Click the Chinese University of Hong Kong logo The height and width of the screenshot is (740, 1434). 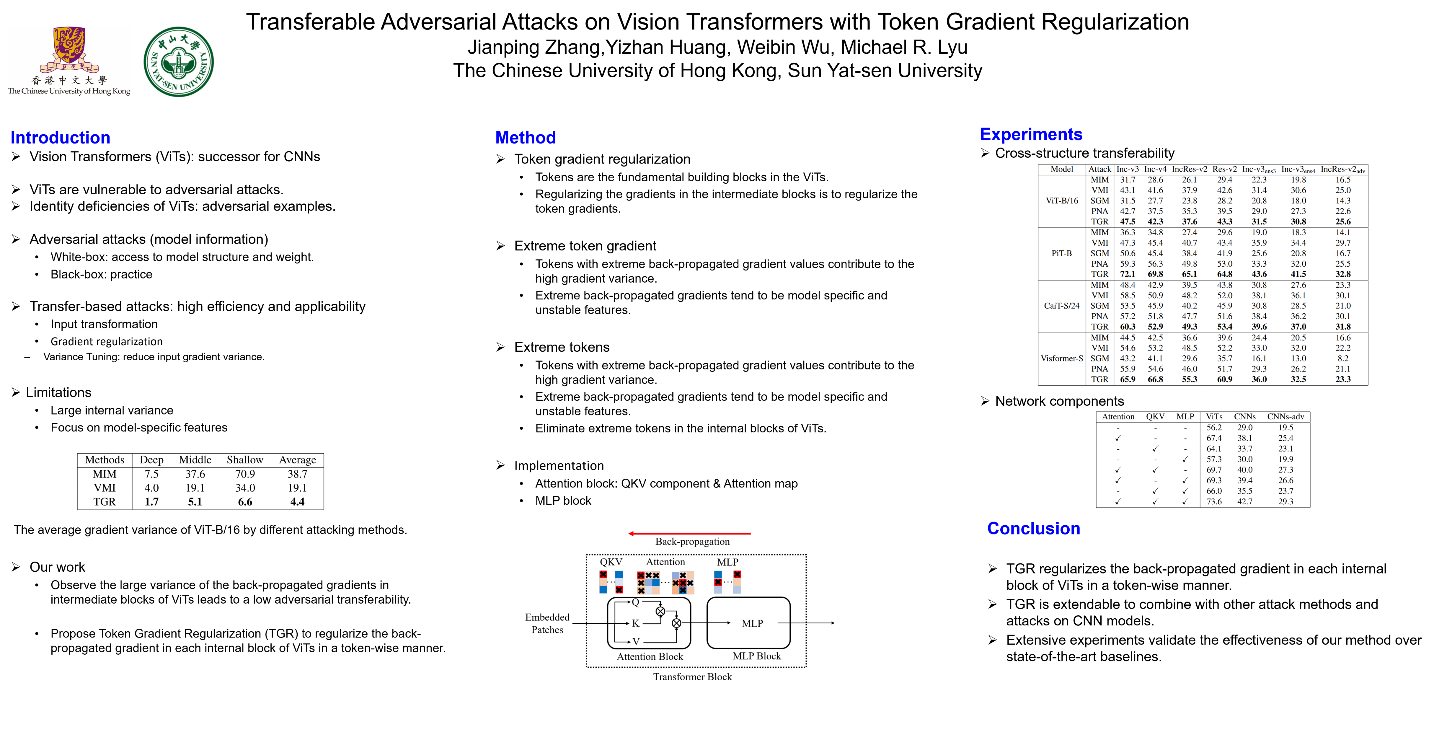point(69,61)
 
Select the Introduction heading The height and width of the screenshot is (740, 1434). point(60,138)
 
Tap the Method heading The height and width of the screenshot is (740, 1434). point(525,138)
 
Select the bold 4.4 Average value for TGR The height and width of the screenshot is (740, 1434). point(297,502)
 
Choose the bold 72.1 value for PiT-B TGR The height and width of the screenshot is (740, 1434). point(1127,274)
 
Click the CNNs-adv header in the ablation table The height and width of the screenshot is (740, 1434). point(1285,416)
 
